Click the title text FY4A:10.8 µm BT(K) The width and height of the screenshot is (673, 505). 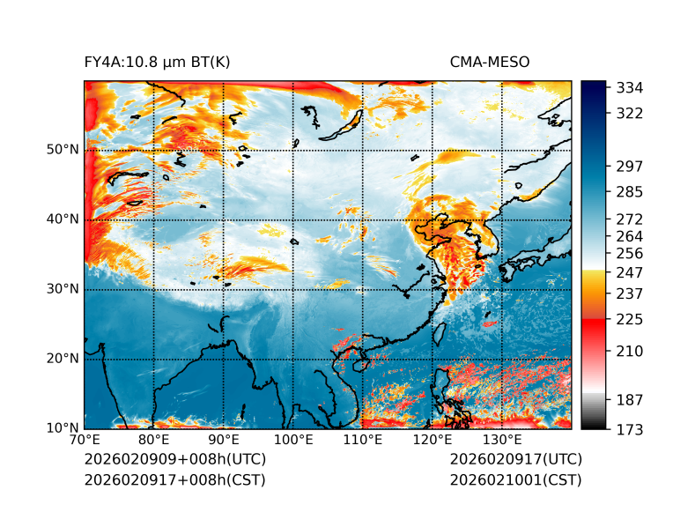[x=158, y=63]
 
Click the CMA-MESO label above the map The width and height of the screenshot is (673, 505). [x=490, y=63]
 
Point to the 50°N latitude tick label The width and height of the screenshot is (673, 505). [x=63, y=150]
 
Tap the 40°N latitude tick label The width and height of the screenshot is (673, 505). [x=63, y=219]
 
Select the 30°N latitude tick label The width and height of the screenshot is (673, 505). [x=63, y=289]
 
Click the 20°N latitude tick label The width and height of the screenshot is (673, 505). [x=63, y=359]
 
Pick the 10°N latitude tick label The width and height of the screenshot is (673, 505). [x=63, y=428]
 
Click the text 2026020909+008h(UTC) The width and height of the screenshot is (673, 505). [x=174, y=459]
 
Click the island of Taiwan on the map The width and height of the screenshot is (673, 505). [x=440, y=334]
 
